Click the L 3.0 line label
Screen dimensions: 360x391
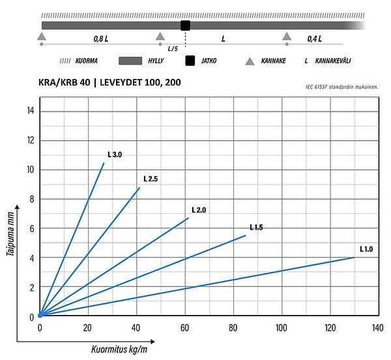pyautogui.click(x=115, y=155)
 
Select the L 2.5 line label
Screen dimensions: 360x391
pyautogui.click(x=151, y=179)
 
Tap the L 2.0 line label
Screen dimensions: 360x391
pyautogui.click(x=199, y=210)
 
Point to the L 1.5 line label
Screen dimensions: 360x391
pyautogui.click(x=255, y=228)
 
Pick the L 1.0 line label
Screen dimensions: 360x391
pyautogui.click(x=366, y=249)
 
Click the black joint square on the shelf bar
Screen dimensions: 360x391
pyautogui.click(x=185, y=25)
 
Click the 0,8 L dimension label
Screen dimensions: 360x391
pyautogui.click(x=101, y=39)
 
